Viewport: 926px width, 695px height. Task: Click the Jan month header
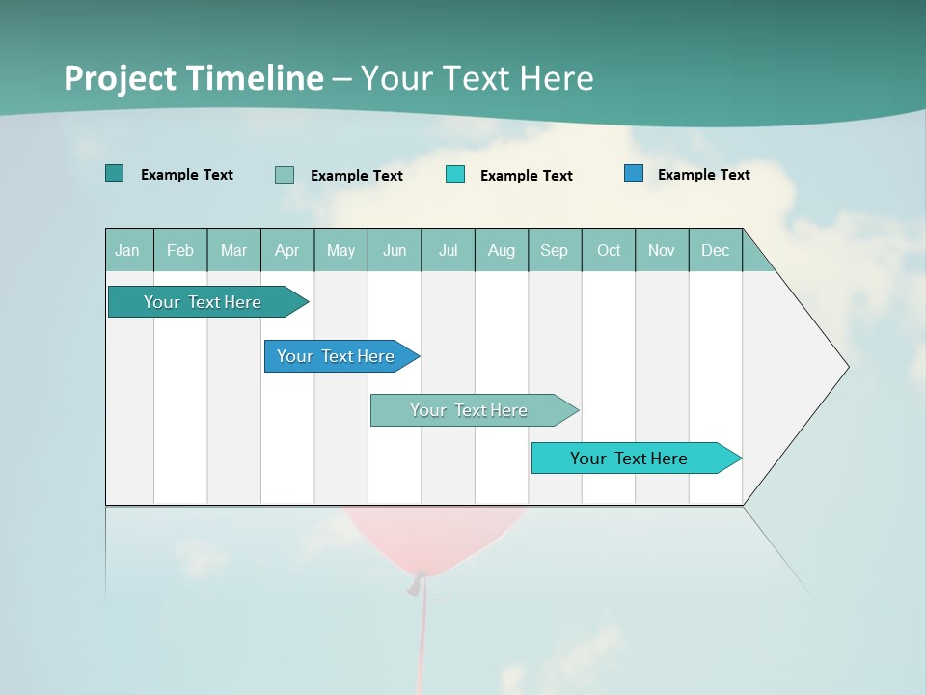(127, 250)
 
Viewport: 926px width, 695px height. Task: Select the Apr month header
(286, 250)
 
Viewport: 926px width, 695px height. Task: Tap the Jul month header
(448, 250)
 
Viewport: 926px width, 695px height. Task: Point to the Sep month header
(554, 250)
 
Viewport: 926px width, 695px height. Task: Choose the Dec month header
(715, 250)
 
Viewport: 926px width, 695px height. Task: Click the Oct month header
(609, 250)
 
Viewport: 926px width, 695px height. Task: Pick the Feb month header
(180, 250)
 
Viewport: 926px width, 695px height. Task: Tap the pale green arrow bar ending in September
(471, 410)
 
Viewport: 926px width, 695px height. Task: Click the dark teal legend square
(115, 174)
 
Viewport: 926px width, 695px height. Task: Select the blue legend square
(634, 174)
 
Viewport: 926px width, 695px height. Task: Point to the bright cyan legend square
(455, 175)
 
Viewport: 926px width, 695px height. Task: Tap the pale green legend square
(285, 175)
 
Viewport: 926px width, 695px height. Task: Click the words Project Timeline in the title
(193, 77)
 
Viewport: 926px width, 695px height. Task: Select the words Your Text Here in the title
(477, 77)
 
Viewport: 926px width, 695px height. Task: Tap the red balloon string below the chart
(422, 637)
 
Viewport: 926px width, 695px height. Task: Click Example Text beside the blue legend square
(703, 174)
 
